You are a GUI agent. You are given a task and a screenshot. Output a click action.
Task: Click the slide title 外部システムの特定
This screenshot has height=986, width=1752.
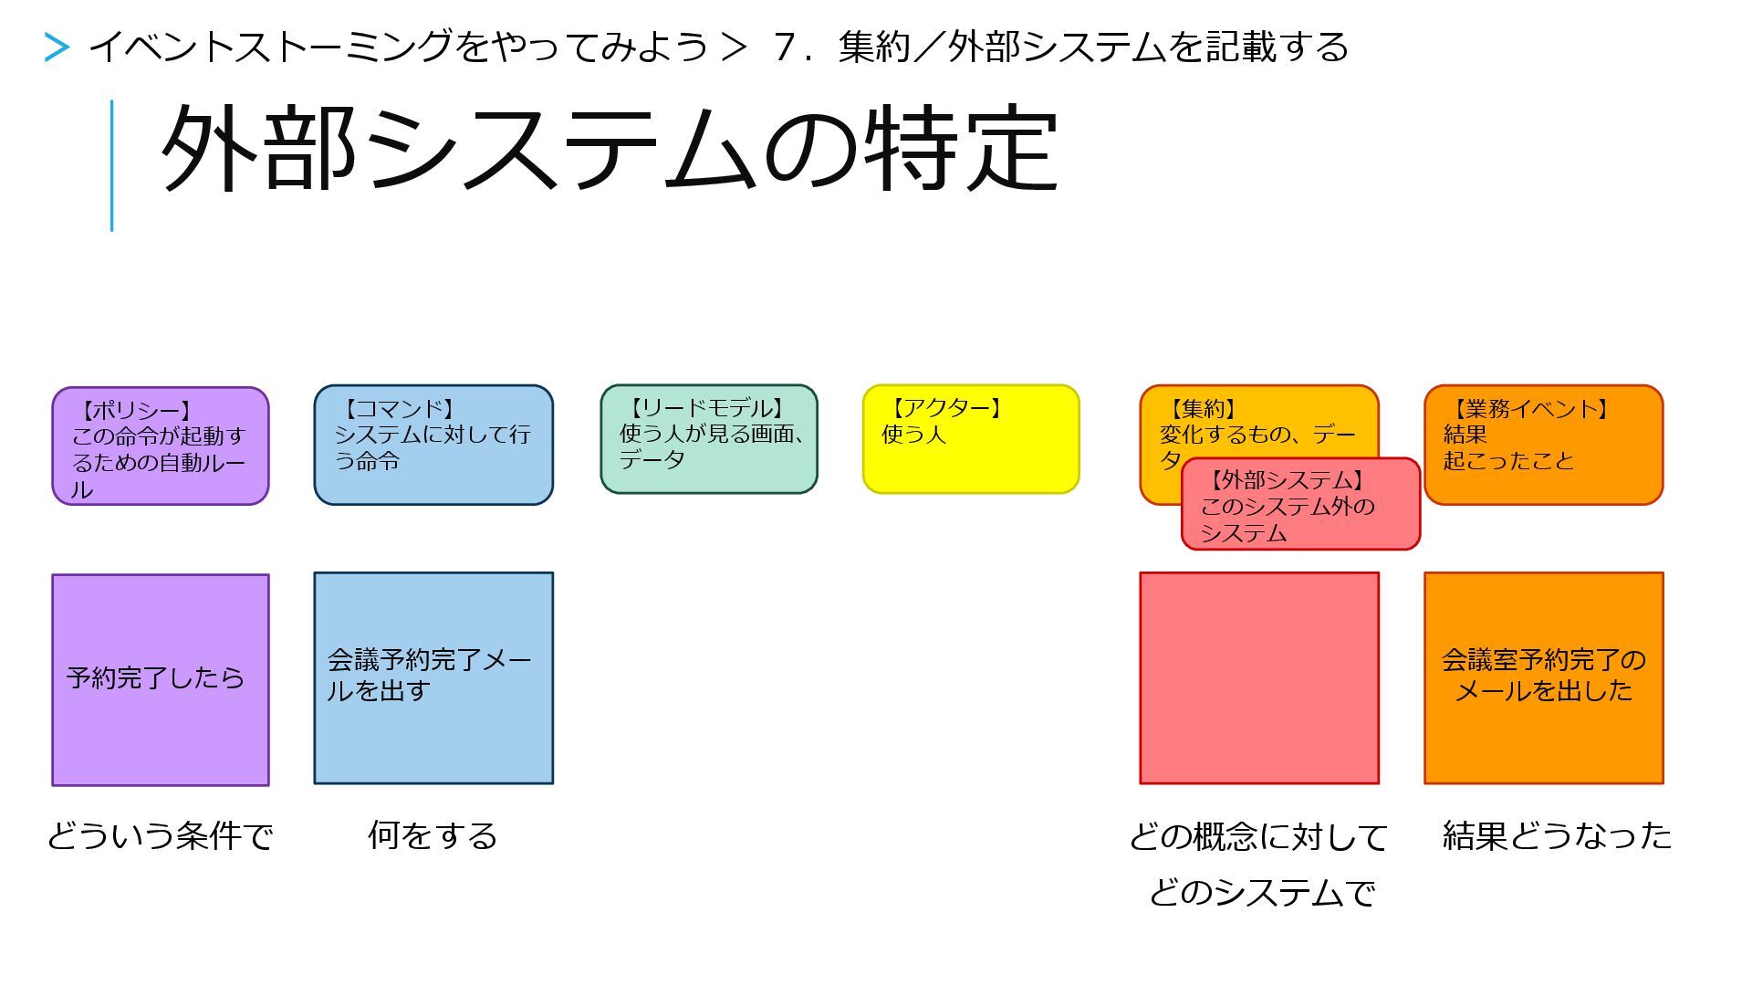(610, 149)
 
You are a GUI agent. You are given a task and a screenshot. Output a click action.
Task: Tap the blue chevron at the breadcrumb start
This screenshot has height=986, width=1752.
(57, 47)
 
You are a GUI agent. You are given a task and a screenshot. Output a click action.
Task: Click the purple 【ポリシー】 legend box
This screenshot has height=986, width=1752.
(160, 446)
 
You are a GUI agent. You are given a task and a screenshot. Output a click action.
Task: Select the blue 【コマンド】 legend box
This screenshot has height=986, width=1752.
(433, 445)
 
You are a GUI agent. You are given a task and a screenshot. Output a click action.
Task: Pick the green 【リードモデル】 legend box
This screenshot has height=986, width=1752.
(709, 439)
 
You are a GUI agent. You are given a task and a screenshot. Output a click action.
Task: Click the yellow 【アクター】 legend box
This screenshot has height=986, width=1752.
(971, 439)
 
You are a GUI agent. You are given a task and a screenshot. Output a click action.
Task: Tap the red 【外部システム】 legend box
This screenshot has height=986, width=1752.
(1300, 505)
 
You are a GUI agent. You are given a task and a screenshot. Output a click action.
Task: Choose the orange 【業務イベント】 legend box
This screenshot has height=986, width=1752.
(1543, 445)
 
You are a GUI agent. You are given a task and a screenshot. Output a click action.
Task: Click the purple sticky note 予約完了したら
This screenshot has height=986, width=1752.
(160, 680)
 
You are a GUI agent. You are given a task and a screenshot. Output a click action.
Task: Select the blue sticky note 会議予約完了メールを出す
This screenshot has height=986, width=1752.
(433, 678)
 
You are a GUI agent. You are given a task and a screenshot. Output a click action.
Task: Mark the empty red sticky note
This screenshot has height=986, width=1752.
(1259, 678)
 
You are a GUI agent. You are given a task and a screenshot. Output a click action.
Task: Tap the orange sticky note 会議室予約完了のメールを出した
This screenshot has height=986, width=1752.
(1544, 678)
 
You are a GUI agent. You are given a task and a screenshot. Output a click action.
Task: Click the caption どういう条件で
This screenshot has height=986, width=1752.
(160, 836)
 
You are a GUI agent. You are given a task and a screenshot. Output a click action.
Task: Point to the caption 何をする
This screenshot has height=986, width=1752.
(433, 836)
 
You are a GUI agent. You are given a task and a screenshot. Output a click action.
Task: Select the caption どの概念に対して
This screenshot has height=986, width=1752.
(1258, 837)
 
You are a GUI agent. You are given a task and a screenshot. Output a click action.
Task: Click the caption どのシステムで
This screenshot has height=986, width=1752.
(1261, 892)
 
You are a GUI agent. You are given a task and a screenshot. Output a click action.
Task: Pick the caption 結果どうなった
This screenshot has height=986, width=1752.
(1557, 836)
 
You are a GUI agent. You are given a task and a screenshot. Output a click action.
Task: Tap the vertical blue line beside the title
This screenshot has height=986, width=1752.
(111, 165)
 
